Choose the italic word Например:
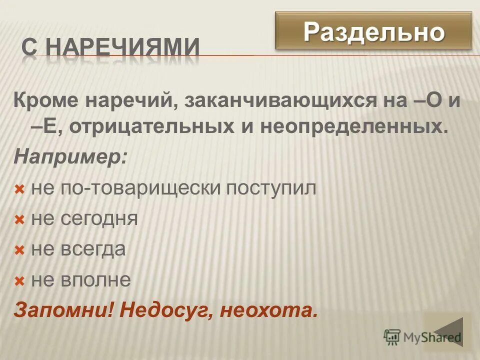[70, 158]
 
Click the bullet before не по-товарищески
[19, 190]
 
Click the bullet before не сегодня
[19, 220]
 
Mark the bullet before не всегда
[19, 250]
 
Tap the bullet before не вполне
[19, 281]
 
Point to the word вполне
[95, 280]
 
